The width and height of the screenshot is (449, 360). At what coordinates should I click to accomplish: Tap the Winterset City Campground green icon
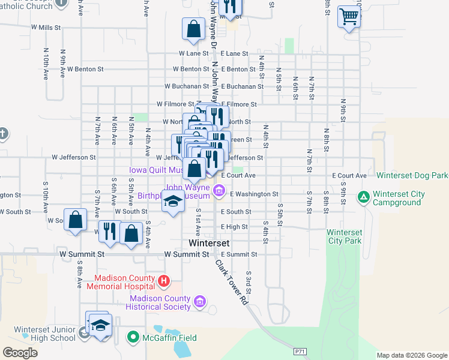click(x=363, y=196)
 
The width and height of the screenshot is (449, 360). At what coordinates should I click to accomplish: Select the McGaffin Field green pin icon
click(x=133, y=338)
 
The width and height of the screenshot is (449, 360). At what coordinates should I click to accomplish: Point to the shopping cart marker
click(x=349, y=17)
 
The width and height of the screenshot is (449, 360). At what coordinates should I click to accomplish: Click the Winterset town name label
click(x=208, y=244)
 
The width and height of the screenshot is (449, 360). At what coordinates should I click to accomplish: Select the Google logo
click(x=20, y=352)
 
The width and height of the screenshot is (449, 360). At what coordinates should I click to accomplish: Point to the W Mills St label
click(x=47, y=28)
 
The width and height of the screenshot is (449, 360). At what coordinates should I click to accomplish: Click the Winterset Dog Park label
click(x=412, y=176)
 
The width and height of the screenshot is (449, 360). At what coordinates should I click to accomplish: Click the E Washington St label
click(x=254, y=194)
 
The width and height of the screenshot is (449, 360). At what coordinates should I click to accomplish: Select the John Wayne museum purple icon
click(x=219, y=191)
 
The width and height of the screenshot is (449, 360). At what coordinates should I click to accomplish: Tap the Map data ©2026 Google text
click(x=411, y=355)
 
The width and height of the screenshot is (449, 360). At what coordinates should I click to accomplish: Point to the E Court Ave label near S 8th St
click(x=349, y=176)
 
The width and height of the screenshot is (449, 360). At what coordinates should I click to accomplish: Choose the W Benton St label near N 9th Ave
click(x=85, y=69)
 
